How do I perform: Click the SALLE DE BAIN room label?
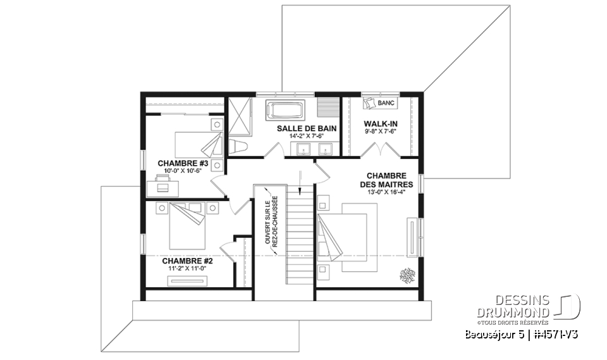pos(306,128)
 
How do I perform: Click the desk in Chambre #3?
pos(163,187)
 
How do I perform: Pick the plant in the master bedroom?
pos(404,275)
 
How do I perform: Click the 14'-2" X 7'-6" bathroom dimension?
pos(306,135)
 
